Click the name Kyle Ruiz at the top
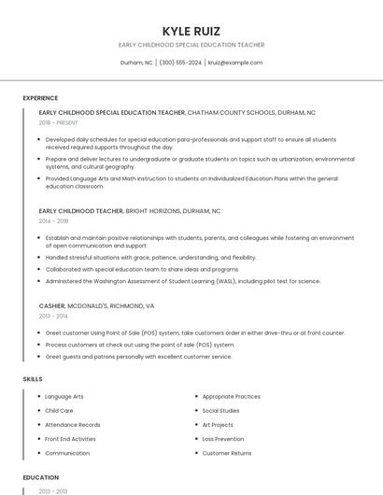(x=191, y=31)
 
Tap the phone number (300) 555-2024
(x=180, y=63)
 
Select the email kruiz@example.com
(x=234, y=63)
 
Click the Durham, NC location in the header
(x=136, y=63)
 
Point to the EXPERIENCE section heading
(x=40, y=98)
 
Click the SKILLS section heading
(x=33, y=379)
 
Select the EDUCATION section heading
(x=40, y=477)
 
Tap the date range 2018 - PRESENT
(x=58, y=122)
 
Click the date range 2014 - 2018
(x=53, y=221)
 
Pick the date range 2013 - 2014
(x=53, y=316)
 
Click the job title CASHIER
(x=52, y=305)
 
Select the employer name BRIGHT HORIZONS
(x=152, y=211)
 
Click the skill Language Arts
(x=64, y=397)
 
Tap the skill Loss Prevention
(x=222, y=439)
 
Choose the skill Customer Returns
(x=226, y=453)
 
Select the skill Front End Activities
(x=70, y=439)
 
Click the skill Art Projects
(x=218, y=425)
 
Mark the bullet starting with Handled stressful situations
(x=150, y=258)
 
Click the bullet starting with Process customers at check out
(x=140, y=345)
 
